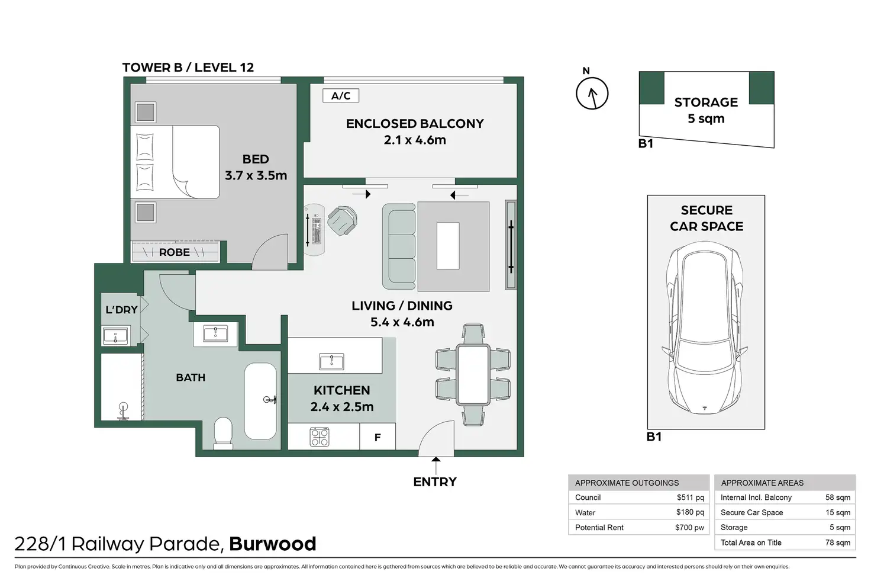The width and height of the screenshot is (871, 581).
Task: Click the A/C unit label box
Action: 341,96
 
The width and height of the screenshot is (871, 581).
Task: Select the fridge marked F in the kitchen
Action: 378,436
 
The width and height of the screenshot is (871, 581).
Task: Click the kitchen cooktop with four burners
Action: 320,436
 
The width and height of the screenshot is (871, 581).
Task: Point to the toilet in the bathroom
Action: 224,434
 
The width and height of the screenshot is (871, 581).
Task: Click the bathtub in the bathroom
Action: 260,401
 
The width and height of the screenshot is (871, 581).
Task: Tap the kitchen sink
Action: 331,361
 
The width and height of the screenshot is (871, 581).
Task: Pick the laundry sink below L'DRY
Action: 115,336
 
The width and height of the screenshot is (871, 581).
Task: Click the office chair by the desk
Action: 342,221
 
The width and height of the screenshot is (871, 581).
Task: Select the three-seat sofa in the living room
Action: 399,246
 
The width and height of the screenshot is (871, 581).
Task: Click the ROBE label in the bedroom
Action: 175,252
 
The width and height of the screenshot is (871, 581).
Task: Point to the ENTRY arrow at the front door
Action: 436,466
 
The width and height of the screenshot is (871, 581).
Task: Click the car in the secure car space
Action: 705,328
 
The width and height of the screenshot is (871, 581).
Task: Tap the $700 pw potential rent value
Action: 689,528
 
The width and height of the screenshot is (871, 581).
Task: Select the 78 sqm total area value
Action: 837,543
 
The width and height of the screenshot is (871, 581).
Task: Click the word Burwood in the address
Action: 273,544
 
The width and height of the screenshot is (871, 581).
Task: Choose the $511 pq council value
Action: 690,497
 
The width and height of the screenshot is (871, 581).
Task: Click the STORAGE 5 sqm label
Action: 706,110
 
